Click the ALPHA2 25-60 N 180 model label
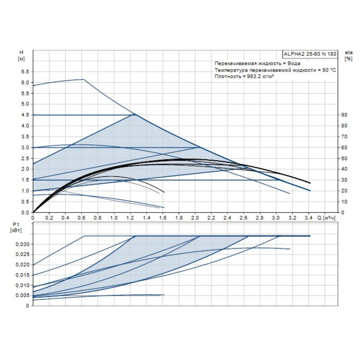tap(310, 54)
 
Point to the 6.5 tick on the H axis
tap(25, 72)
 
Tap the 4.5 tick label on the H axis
tap(25, 115)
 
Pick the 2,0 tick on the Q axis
tap(195, 218)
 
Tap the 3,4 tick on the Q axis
tap(308, 218)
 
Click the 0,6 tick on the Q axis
tap(81, 218)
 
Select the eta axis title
tap(348, 52)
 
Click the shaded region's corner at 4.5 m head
tap(135, 115)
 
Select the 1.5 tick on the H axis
tap(25, 180)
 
